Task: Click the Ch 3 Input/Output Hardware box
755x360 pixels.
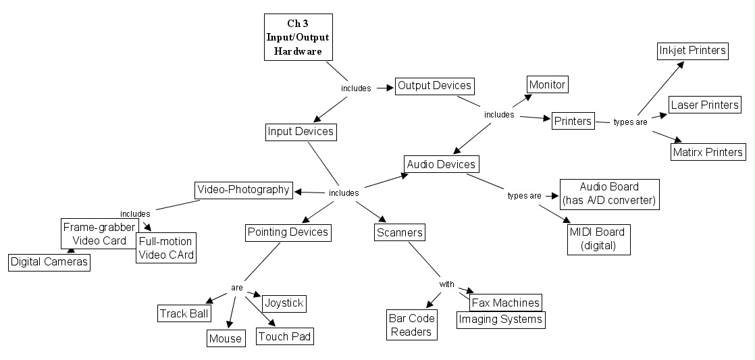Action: pos(298,38)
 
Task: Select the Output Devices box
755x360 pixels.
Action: pos(434,86)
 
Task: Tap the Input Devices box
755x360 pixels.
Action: pos(300,131)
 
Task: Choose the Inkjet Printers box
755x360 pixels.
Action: pos(692,51)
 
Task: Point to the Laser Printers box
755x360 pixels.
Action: pos(704,105)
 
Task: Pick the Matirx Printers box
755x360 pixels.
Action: pos(708,152)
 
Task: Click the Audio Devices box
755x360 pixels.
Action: pos(442,164)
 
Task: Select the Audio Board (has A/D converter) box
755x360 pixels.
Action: pos(609,193)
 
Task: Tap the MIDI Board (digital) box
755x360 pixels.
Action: pos(599,239)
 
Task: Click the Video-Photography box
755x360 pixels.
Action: pos(243,190)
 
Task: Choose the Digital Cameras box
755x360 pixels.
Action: pos(49,262)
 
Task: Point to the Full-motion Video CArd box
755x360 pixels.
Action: pos(165,248)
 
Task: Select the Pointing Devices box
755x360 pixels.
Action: pos(287,232)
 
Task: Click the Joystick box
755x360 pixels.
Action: pos(283,303)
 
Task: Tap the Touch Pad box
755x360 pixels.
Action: pos(285,336)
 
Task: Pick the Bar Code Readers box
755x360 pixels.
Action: pos(411,324)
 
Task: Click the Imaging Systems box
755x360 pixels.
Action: pos(500,319)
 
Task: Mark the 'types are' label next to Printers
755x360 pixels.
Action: pos(630,122)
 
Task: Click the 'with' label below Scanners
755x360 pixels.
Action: pos(447,284)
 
